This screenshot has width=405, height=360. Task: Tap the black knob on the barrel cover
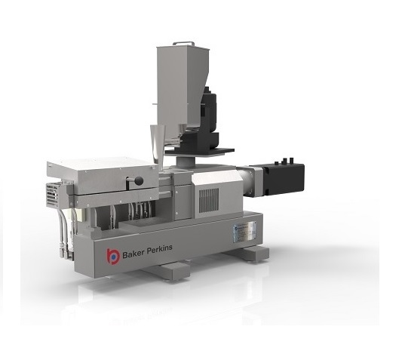point(138,180)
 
